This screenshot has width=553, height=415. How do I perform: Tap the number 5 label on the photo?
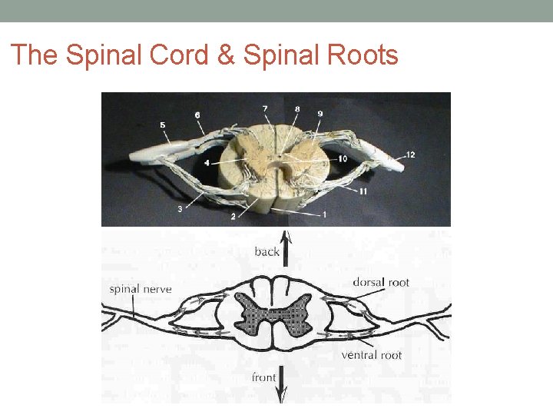pos(162,124)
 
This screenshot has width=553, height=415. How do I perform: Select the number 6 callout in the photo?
pos(197,115)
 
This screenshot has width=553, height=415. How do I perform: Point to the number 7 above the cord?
pos(265,108)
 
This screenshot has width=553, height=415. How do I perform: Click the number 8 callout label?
pos(297,109)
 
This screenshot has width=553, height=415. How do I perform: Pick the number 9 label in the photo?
pos(320,114)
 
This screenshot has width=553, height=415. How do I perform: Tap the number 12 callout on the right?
pos(410,154)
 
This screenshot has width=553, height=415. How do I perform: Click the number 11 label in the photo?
pos(363,191)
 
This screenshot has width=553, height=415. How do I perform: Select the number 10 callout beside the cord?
pos(343,158)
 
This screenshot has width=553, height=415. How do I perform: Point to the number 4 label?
pos(207,163)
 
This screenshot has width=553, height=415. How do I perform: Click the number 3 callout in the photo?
pos(180,208)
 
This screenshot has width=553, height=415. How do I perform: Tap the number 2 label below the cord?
pos(233,217)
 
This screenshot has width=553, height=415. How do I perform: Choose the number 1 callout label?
pos(325,214)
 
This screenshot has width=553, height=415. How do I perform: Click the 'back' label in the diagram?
pos(267,251)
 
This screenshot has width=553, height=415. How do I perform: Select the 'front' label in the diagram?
pos(265,377)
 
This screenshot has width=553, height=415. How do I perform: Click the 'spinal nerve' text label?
pos(140,290)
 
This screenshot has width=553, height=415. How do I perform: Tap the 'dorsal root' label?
pos(381,282)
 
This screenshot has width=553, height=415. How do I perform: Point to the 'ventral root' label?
pos(371,355)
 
